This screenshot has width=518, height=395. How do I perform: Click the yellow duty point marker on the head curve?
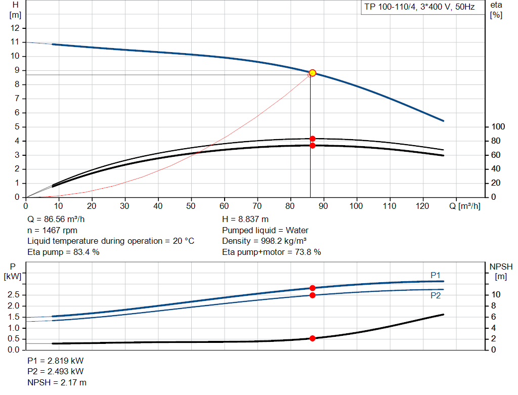coord(312,73)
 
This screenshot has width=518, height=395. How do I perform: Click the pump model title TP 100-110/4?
coord(419,8)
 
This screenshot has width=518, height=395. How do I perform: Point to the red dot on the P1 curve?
coord(312,288)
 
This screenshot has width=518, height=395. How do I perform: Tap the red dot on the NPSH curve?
coord(312,338)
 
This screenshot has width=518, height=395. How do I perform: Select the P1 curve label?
coord(436,275)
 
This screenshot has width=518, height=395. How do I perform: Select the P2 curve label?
coord(436,296)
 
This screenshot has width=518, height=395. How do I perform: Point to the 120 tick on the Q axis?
coord(423,206)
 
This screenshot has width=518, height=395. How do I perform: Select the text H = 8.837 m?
coord(245,220)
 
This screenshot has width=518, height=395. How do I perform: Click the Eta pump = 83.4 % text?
coord(63,252)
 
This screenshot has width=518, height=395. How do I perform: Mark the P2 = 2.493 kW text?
coord(56,372)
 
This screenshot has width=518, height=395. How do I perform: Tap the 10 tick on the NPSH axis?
coord(496,295)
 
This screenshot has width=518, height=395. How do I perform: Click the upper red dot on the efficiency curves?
coord(312,139)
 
